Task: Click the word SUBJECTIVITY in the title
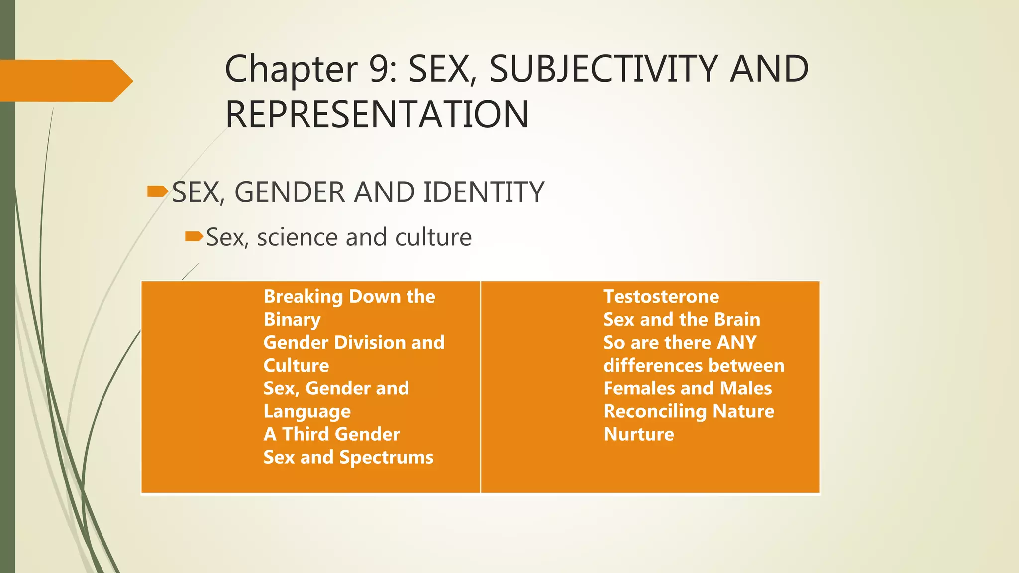click(x=604, y=69)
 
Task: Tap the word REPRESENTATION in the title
click(x=377, y=114)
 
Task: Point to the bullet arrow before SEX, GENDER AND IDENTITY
click(x=158, y=191)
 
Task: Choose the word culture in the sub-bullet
click(x=433, y=237)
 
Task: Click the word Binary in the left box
click(x=292, y=320)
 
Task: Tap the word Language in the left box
click(x=307, y=412)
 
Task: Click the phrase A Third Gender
click(x=331, y=434)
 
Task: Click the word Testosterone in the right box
click(x=661, y=297)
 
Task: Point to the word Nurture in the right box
click(x=638, y=434)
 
